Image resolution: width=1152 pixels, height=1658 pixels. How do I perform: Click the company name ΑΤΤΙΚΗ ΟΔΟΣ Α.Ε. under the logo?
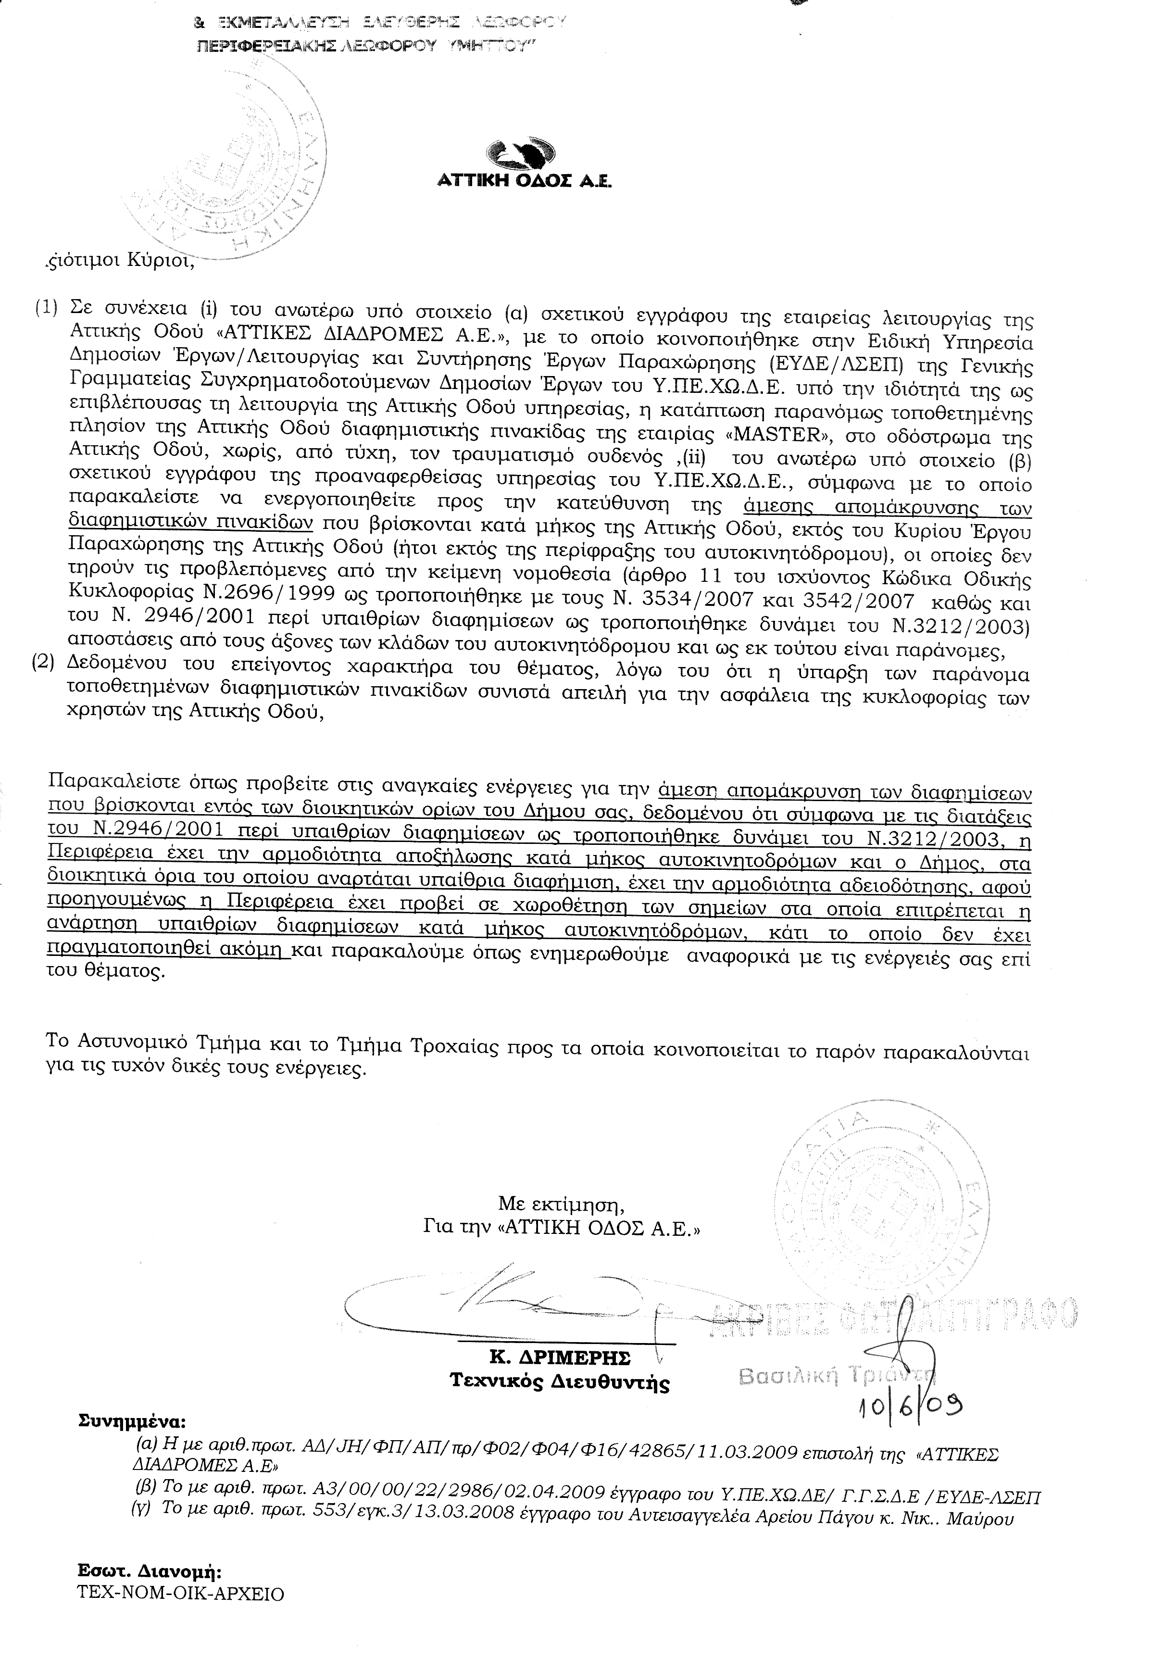pos(525,183)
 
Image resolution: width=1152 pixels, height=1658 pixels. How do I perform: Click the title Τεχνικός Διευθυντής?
pos(559,1382)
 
